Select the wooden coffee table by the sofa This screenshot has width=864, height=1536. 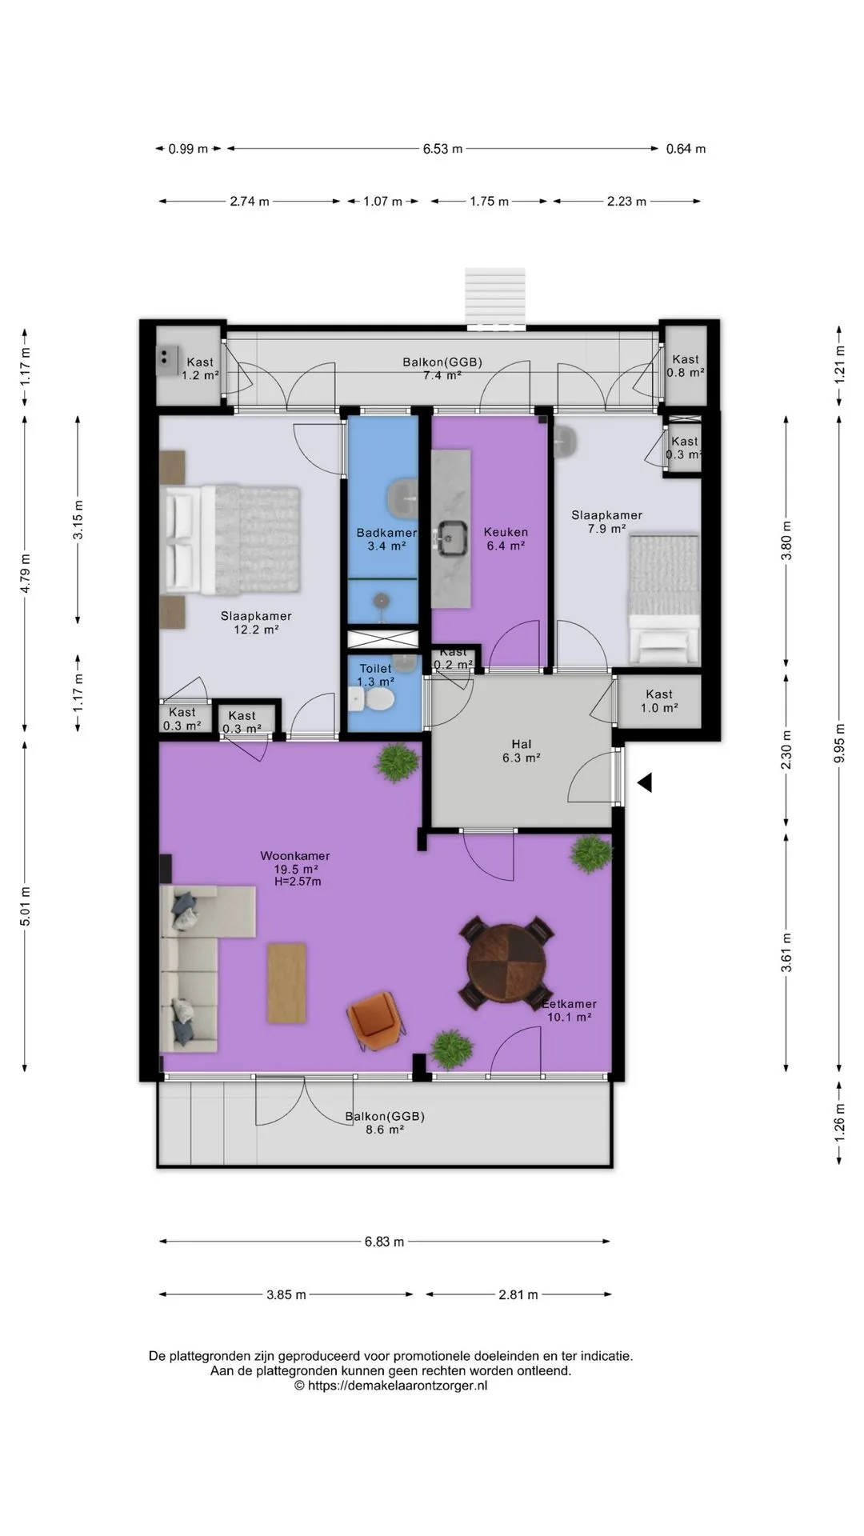point(286,982)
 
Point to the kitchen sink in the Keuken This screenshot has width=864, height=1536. point(453,537)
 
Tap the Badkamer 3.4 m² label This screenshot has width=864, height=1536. point(386,539)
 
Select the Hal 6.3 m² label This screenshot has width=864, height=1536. point(521,750)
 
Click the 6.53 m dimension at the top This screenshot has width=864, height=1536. point(442,149)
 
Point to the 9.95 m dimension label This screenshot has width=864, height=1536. point(839,743)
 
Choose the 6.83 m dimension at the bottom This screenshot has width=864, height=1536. point(384,1242)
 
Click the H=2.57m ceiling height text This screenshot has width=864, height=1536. point(297,882)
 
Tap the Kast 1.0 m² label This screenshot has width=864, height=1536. point(659,701)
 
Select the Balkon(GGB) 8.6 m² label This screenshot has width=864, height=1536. point(385,1122)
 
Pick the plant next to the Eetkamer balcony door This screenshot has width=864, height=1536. point(451,1049)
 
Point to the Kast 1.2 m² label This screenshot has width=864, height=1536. point(200,368)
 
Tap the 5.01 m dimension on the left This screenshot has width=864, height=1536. point(26,906)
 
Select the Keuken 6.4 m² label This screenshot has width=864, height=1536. point(506,538)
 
